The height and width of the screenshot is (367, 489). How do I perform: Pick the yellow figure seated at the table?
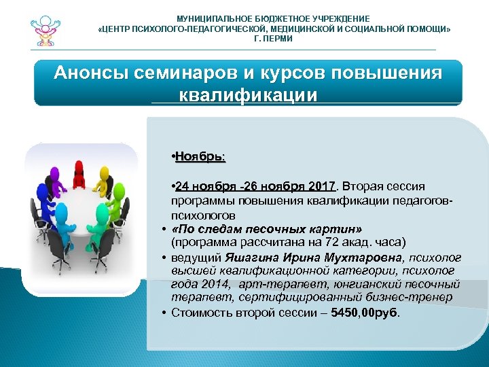[x=104, y=176]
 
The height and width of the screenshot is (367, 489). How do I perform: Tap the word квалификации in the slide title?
[x=248, y=94]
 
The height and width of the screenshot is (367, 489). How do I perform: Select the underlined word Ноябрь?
[x=200, y=157]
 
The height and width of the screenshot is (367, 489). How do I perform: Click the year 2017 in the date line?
[x=322, y=186]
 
